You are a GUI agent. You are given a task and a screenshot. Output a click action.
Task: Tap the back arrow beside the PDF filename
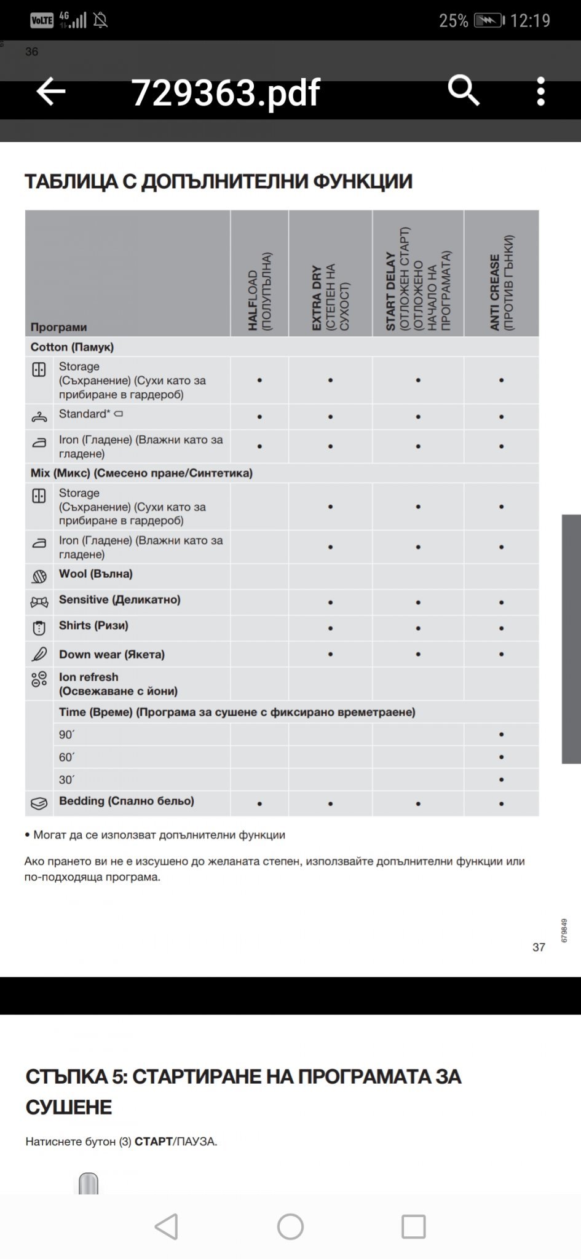click(50, 92)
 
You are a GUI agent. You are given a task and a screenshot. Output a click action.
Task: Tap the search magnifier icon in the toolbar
click(463, 91)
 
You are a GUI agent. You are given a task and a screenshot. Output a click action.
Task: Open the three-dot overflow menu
click(540, 92)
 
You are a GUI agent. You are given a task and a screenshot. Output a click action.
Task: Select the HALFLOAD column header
click(259, 291)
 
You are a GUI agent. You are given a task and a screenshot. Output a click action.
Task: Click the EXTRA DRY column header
click(330, 298)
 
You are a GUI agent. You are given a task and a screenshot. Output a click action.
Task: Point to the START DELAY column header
click(418, 280)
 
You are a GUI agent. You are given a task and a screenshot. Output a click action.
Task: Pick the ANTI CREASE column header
click(502, 283)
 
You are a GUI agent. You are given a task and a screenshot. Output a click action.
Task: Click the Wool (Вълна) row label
click(96, 574)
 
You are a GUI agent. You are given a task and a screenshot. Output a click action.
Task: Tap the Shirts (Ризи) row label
click(93, 626)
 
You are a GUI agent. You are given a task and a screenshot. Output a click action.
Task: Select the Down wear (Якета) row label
click(112, 655)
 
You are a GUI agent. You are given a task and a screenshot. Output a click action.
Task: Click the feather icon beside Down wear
click(39, 654)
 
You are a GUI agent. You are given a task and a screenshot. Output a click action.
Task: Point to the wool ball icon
click(39, 577)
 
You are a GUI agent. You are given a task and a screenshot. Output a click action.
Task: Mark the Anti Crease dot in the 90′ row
click(502, 735)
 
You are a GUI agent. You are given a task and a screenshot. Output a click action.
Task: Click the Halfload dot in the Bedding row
click(259, 803)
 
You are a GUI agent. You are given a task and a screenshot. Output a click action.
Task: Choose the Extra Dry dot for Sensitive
click(330, 602)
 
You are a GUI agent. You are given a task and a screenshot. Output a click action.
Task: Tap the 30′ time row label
click(66, 780)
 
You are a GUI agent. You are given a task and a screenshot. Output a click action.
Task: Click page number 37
click(539, 947)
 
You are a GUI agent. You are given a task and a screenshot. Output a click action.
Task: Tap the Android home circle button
click(290, 1226)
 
